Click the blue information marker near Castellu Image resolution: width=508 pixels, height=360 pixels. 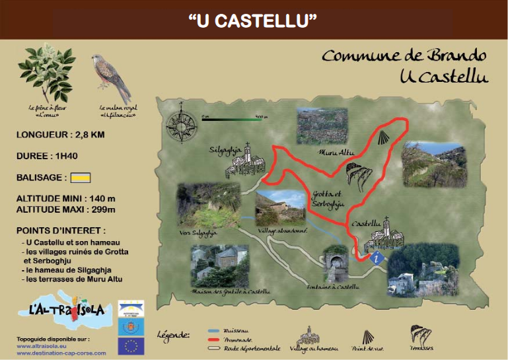[377, 258]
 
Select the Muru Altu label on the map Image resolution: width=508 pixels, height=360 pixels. [336, 153]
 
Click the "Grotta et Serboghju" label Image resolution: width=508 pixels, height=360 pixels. [326, 199]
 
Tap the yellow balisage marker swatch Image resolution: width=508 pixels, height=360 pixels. [81, 177]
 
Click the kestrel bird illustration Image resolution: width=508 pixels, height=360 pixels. [111, 77]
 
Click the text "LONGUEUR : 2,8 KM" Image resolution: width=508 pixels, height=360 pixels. [61, 135]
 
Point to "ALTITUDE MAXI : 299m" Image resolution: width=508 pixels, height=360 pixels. [66, 209]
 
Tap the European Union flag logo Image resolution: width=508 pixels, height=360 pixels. [131, 345]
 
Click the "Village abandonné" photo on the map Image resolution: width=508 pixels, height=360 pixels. [280, 207]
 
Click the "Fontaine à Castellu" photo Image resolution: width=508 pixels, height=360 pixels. [335, 265]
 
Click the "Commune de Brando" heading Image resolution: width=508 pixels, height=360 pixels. [404, 56]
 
